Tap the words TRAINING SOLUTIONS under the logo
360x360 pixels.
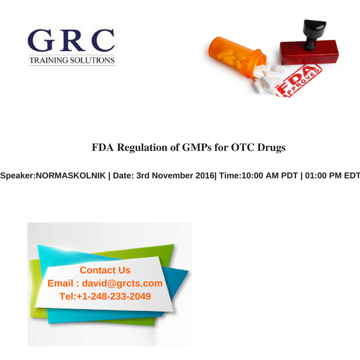point(72,60)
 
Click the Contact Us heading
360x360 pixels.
point(105,270)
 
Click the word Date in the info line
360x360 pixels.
point(122,175)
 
